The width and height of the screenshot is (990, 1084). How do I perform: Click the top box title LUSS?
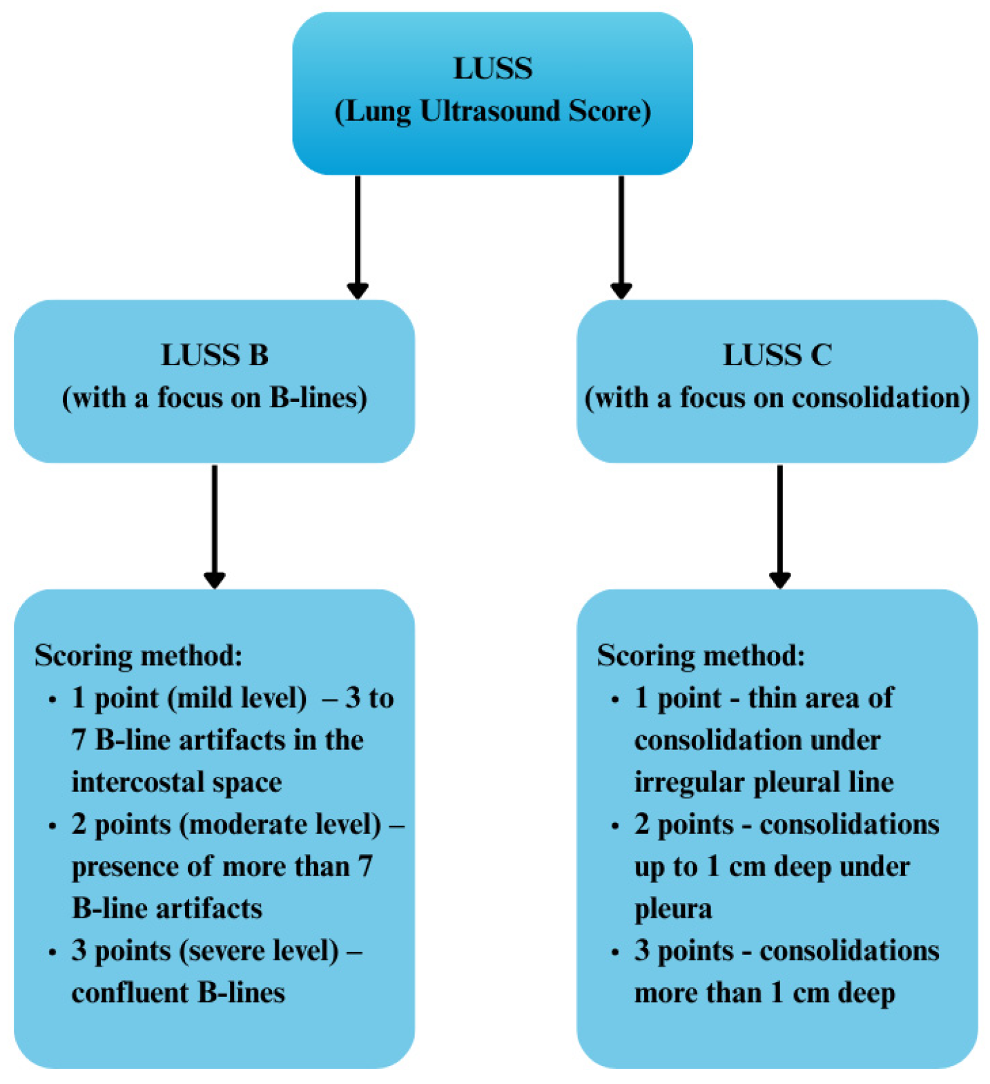coord(492,68)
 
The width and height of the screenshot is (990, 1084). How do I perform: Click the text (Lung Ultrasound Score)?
coord(492,111)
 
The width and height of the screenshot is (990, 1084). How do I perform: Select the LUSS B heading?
coord(214,356)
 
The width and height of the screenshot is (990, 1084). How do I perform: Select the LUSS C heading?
coord(777,356)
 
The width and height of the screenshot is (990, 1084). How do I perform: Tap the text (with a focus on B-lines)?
coord(214,398)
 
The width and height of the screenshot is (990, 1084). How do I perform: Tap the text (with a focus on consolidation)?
coord(777,398)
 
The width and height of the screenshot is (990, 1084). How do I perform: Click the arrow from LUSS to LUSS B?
coord(357,235)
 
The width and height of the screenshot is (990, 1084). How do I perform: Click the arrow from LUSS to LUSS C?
coord(621,235)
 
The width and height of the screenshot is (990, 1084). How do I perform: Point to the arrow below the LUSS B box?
coord(214,525)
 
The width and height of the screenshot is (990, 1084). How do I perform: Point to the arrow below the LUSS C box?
coord(779,525)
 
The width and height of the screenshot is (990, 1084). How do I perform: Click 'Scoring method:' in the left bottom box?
coord(138,656)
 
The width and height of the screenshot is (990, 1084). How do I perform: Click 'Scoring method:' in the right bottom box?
coord(701,656)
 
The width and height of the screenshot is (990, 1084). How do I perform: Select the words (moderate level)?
coord(280,825)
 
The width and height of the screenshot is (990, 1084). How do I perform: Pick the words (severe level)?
coord(259,951)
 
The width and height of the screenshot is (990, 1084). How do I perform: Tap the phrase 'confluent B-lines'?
coord(178,994)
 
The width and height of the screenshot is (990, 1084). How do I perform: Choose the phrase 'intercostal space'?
coord(177,783)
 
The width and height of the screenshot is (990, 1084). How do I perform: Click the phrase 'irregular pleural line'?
coord(764,783)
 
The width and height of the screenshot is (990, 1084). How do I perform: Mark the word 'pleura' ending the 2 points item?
coord(672,909)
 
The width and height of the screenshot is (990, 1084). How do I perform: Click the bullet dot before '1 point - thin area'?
coord(615,700)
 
